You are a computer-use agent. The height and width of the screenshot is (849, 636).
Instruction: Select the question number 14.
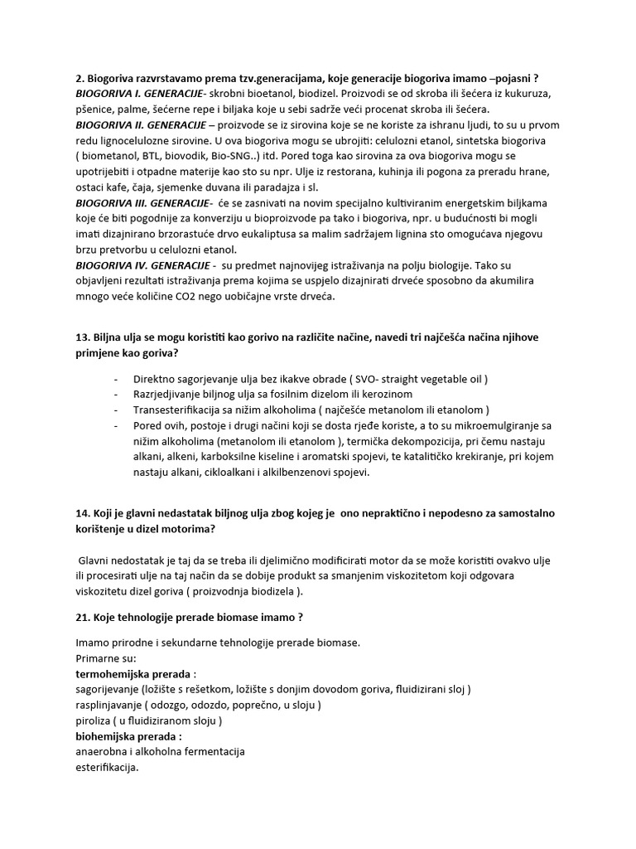tap(84, 512)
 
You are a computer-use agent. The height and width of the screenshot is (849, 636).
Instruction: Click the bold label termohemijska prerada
tap(136, 674)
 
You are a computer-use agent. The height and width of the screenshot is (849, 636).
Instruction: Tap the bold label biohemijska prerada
tap(128, 736)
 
